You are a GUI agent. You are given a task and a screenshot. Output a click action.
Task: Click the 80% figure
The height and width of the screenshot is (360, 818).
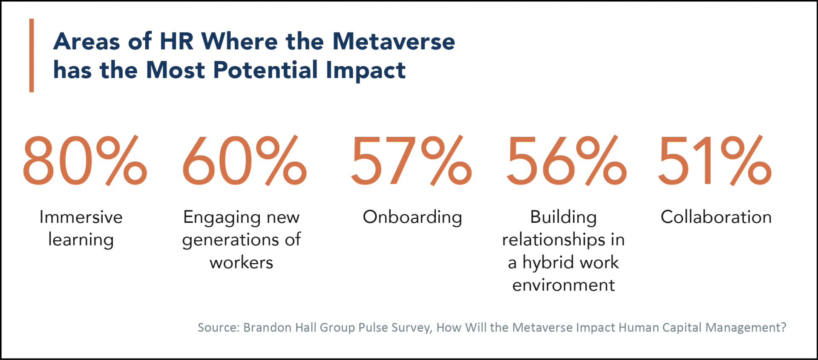click(x=84, y=161)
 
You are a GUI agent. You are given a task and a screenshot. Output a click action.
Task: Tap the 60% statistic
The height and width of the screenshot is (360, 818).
click(x=244, y=161)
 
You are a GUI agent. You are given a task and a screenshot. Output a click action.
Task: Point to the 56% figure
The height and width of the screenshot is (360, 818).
click(x=566, y=161)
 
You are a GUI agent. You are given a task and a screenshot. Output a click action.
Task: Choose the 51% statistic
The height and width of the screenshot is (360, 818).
click(x=714, y=161)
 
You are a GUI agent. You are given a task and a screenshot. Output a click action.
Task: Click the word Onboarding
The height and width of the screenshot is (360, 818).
click(x=412, y=217)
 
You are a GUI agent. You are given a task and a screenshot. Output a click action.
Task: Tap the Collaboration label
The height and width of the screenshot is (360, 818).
click(x=716, y=217)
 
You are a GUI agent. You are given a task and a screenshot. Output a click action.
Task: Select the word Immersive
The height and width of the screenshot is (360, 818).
click(x=81, y=217)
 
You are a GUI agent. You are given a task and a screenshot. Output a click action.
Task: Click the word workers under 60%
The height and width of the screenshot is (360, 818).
click(x=241, y=263)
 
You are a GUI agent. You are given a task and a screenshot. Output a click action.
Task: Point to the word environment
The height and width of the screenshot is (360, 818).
click(x=563, y=285)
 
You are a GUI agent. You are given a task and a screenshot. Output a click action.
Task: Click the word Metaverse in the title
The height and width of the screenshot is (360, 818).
click(x=394, y=42)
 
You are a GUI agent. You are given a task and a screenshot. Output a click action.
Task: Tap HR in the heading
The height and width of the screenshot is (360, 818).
click(x=176, y=42)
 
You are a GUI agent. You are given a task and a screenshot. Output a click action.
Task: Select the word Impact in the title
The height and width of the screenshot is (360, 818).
click(x=366, y=70)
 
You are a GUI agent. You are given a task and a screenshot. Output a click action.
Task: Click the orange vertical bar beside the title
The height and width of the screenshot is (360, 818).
click(x=32, y=55)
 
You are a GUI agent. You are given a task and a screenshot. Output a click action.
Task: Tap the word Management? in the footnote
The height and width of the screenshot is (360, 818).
click(x=746, y=328)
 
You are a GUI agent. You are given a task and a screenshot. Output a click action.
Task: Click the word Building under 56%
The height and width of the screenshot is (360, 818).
click(x=563, y=217)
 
